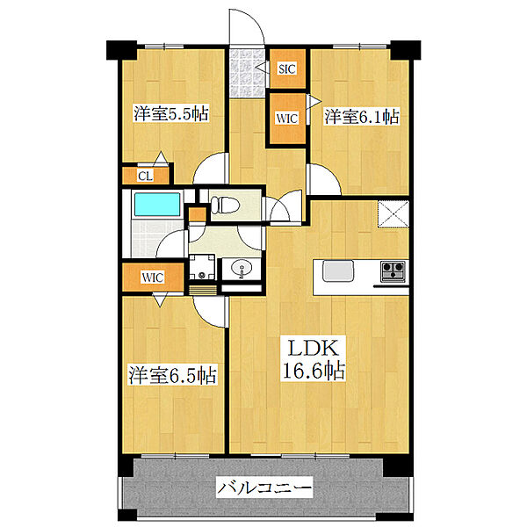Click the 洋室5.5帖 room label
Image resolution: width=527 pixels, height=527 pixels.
coord(170,113)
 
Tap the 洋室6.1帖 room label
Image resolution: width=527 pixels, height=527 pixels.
coord(363,115)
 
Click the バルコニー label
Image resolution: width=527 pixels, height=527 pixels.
coord(264,486)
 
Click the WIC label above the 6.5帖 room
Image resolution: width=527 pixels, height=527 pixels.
coord(155,278)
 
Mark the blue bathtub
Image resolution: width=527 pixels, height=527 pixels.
coord(155,206)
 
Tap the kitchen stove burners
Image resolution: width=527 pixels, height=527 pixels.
coord(392,270)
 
